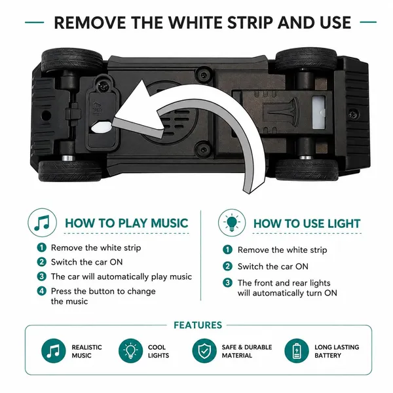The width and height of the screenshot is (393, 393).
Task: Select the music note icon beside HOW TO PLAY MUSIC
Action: click(x=42, y=223)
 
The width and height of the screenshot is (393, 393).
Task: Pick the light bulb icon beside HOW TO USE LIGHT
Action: click(x=232, y=223)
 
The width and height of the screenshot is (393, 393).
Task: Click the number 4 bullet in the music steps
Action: click(x=42, y=291)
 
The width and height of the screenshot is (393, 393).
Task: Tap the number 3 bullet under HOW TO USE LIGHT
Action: click(x=227, y=283)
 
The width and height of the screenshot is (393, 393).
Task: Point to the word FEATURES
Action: click(x=198, y=325)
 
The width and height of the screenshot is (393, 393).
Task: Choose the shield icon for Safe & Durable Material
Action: click(x=204, y=350)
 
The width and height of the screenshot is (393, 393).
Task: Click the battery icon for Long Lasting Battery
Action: click(x=297, y=350)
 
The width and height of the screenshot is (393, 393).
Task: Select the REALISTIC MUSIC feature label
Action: click(x=86, y=351)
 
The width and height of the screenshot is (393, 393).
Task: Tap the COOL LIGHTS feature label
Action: click(x=159, y=351)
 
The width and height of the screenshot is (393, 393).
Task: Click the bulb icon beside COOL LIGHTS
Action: click(x=130, y=350)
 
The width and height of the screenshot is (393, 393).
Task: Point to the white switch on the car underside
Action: click(x=318, y=113)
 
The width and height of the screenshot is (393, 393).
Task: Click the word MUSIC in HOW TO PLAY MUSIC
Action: click(x=170, y=223)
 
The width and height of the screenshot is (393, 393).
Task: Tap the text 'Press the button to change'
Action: click(x=103, y=291)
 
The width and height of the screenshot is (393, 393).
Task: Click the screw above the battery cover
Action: click(x=103, y=86)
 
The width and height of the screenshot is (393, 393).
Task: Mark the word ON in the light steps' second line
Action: click(x=302, y=266)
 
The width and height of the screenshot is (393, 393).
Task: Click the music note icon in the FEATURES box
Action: click(x=54, y=350)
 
